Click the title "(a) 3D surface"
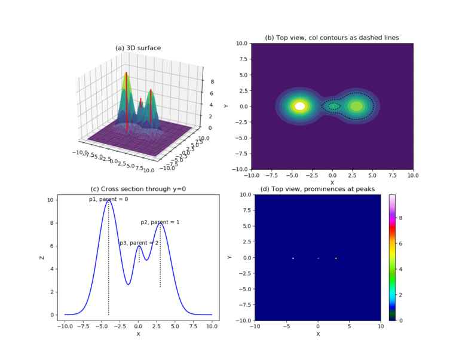(x=138, y=48)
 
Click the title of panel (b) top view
(x=332, y=38)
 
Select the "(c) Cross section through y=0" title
(x=138, y=189)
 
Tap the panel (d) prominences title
(x=317, y=189)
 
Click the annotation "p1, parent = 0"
(x=108, y=199)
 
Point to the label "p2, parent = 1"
(x=160, y=222)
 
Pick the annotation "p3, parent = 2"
(x=139, y=243)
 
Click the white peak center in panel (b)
(x=300, y=106)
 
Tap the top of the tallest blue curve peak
(x=108, y=201)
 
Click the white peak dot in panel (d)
(x=293, y=258)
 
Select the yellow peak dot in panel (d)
(x=336, y=258)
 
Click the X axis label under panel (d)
(x=317, y=334)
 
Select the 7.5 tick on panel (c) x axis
(x=193, y=327)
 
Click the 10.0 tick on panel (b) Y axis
(x=241, y=43)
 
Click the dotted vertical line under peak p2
(x=160, y=263)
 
